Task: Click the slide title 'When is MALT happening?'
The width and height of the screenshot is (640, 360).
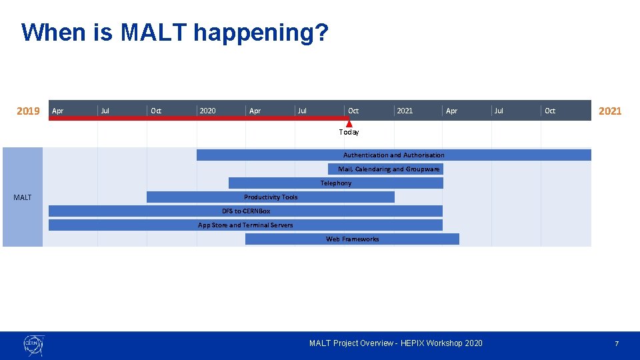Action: pyautogui.click(x=175, y=32)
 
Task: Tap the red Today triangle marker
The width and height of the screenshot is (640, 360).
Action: pyautogui.click(x=349, y=123)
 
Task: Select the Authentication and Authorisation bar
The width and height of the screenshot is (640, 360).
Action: pyautogui.click(x=393, y=155)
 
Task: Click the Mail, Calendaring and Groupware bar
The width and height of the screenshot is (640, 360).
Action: pyautogui.click(x=385, y=169)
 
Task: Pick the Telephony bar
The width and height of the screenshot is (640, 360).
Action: pyautogui.click(x=335, y=183)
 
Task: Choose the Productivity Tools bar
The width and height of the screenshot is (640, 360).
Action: pyautogui.click(x=271, y=197)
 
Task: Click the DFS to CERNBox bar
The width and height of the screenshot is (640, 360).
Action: pyautogui.click(x=245, y=211)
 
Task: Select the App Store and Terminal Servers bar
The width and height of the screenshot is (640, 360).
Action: pyautogui.click(x=245, y=225)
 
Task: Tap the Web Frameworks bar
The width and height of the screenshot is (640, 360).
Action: pyautogui.click(x=352, y=239)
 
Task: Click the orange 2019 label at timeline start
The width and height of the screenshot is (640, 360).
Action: pyautogui.click(x=28, y=111)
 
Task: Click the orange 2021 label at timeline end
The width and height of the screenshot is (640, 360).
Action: pyautogui.click(x=609, y=111)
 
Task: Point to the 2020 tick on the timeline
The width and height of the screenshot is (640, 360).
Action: pyautogui.click(x=207, y=111)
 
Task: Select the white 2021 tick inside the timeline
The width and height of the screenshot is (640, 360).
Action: pyautogui.click(x=405, y=111)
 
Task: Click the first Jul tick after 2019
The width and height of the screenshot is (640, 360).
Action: pyautogui.click(x=105, y=111)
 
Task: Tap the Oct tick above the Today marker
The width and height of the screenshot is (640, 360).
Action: pyautogui.click(x=353, y=111)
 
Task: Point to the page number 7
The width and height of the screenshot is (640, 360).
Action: pyautogui.click(x=616, y=343)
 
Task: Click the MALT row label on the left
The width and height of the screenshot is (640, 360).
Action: pyautogui.click(x=23, y=197)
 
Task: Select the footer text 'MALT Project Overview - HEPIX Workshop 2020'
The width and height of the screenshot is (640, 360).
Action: pyautogui.click(x=395, y=343)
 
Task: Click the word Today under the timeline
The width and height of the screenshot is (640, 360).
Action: pyautogui.click(x=349, y=132)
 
